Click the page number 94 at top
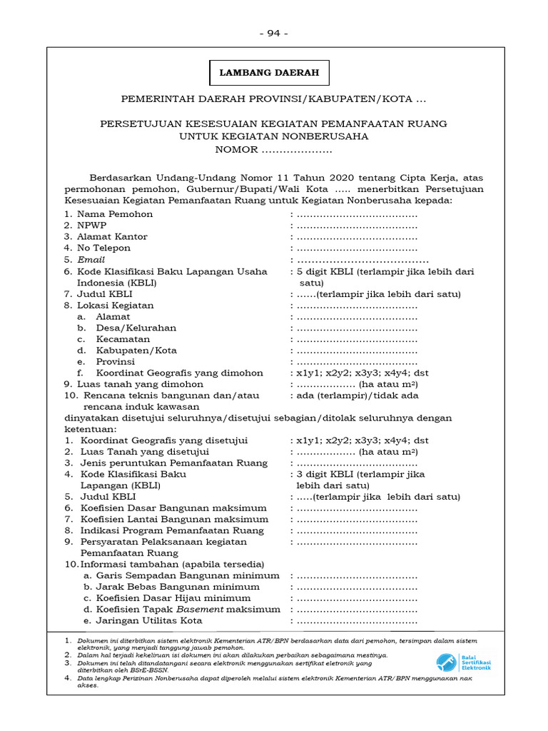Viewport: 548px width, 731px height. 274,33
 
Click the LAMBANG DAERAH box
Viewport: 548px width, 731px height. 269,73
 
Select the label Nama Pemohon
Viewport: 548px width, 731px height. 115,214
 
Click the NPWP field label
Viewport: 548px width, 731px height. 92,226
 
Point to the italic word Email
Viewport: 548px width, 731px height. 91,260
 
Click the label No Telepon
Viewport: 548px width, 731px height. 104,248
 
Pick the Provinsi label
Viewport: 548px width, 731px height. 116,362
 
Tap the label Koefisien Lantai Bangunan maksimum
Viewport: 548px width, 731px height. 173,519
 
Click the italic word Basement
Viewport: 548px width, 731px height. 200,610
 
